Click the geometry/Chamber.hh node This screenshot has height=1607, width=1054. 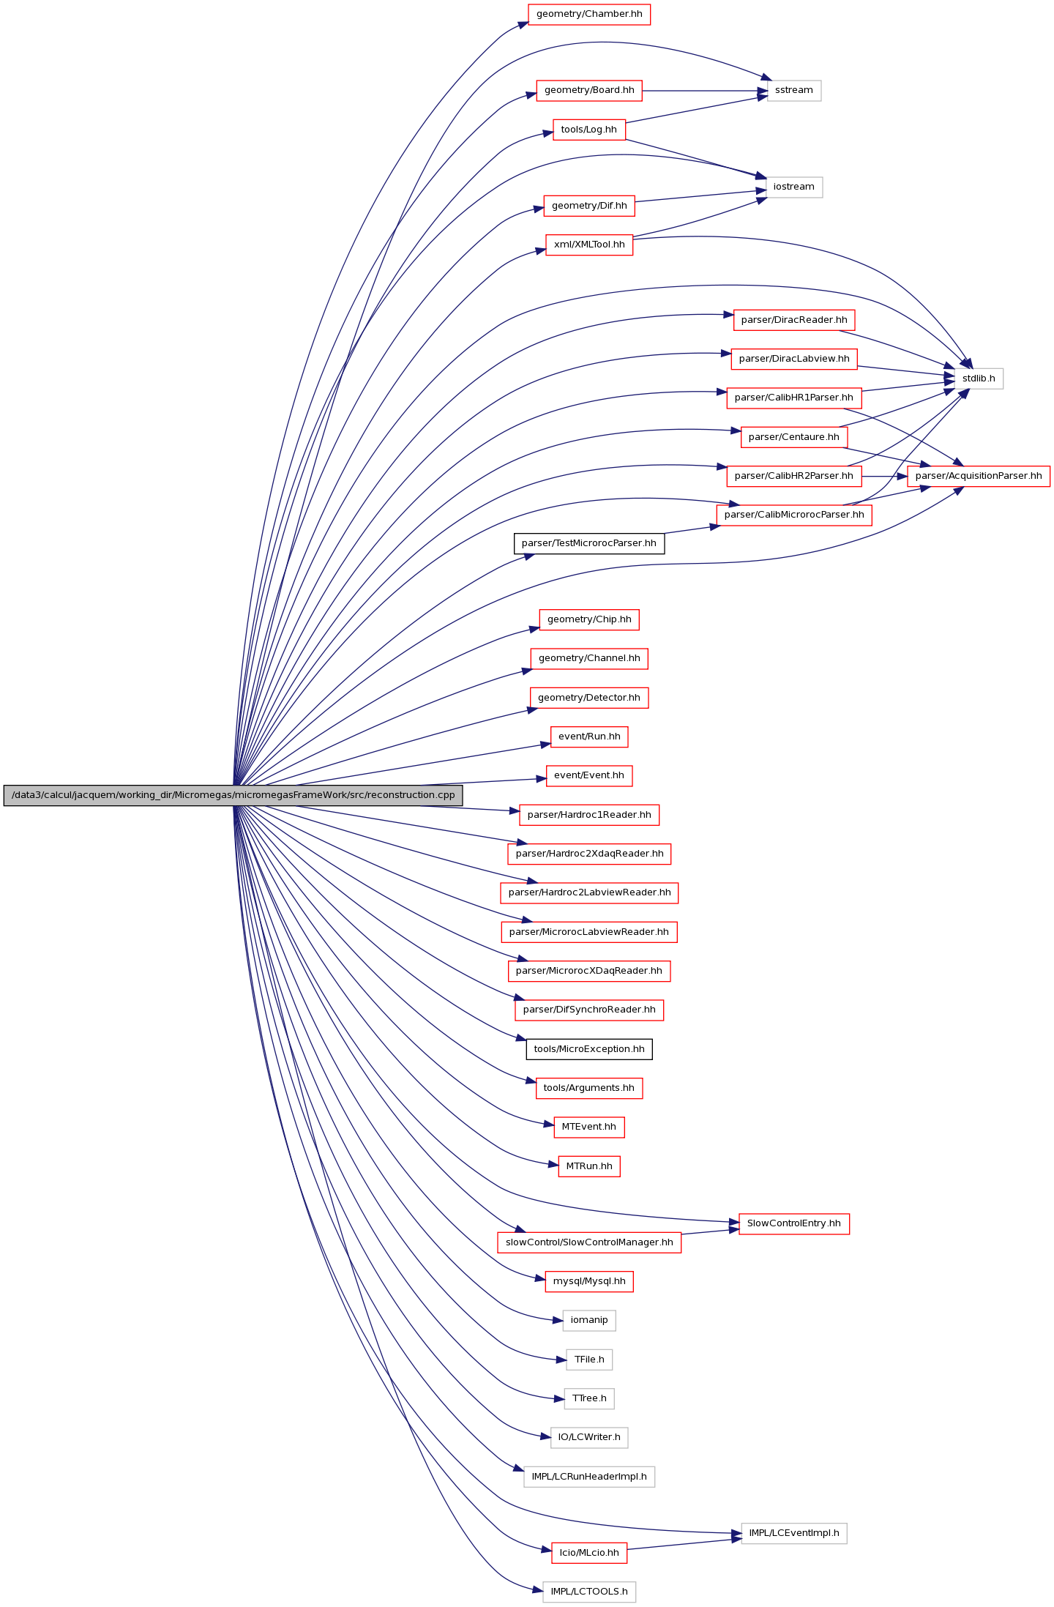click(589, 15)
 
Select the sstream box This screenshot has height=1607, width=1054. click(793, 91)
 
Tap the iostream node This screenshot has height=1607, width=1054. click(793, 187)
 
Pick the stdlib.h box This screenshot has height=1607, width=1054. click(979, 379)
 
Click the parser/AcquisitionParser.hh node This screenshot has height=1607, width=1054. click(979, 476)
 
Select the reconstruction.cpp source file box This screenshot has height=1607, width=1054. click(233, 796)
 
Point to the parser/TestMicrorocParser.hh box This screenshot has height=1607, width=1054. click(589, 544)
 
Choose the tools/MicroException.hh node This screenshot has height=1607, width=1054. click(589, 1049)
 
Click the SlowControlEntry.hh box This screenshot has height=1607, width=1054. click(794, 1223)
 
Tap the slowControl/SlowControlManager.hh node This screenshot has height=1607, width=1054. click(589, 1242)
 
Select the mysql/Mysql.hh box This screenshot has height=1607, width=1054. click(589, 1281)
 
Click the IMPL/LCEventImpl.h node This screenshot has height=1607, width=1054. click(794, 1533)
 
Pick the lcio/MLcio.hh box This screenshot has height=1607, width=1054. click(589, 1553)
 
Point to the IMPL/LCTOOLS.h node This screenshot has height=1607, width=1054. click(589, 1592)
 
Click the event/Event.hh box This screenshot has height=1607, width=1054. click(589, 776)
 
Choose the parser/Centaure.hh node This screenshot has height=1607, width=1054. click(794, 437)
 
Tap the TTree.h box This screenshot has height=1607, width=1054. click(589, 1398)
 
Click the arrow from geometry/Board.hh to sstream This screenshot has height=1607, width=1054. click(705, 91)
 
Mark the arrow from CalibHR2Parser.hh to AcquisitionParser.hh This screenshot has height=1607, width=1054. click(885, 476)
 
